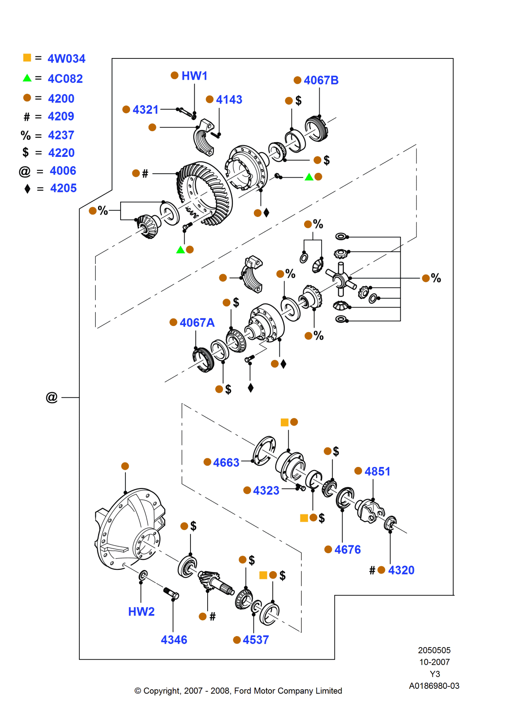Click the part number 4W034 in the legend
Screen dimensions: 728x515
coord(66,59)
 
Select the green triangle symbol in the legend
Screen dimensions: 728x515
coord(27,78)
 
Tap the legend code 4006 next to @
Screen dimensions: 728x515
coord(63,171)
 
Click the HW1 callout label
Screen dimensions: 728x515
coord(195,76)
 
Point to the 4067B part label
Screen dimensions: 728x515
coord(321,80)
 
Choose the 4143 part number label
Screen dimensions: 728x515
coord(229,100)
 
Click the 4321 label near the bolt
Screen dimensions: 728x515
coord(146,110)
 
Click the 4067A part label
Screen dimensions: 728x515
coord(197,323)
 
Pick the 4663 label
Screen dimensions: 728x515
coord(226,463)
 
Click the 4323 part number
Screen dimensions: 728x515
coord(266,491)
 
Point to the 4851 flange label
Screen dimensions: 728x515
coord(377,471)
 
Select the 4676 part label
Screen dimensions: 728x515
coord(347,550)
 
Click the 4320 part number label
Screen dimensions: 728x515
coord(401,570)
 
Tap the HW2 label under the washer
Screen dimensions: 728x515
coord(141,612)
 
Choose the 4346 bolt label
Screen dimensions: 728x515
coord(174,640)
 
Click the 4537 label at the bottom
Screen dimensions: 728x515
coord(256,640)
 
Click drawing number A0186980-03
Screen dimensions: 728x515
coord(434,686)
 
